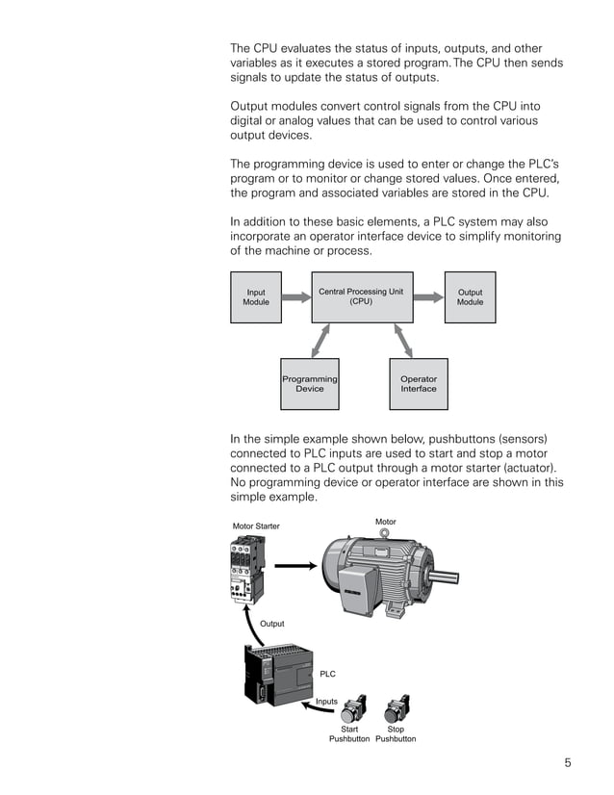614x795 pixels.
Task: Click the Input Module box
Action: click(x=256, y=297)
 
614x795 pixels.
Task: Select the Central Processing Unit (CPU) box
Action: click(x=361, y=297)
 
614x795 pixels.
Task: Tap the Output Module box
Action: click(x=470, y=297)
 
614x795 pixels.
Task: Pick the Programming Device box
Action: click(x=309, y=384)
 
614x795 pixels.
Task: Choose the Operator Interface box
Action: click(x=418, y=384)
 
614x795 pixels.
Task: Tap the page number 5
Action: click(x=568, y=763)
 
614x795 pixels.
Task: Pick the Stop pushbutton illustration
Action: click(x=395, y=710)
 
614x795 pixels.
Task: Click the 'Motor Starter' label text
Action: click(x=256, y=526)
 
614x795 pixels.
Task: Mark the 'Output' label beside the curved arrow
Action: click(x=272, y=624)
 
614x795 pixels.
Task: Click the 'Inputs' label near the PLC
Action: click(x=327, y=702)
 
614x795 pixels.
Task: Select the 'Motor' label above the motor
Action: click(x=385, y=522)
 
